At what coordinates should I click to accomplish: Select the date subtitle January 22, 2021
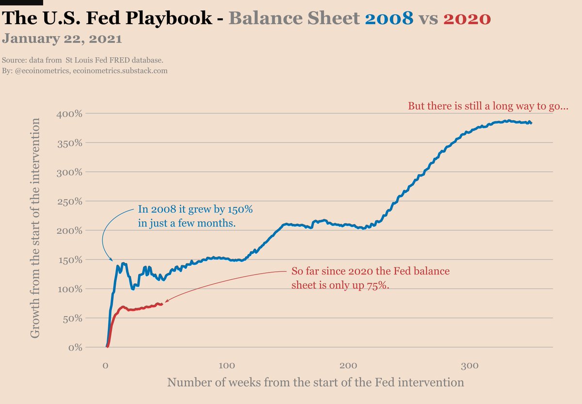pos(62,38)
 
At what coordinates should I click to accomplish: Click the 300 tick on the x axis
pos(469,365)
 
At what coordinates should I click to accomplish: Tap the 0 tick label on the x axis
pos(106,365)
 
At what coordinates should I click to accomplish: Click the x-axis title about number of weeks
pos(315,382)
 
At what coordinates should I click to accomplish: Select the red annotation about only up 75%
pos(370,278)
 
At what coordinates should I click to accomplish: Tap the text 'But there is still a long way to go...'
pos(488,106)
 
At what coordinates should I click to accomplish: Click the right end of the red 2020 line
pos(162,304)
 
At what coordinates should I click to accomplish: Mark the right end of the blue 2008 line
pos(531,123)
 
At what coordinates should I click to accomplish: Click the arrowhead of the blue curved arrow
pos(113,261)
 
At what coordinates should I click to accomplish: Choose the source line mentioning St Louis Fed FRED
pos(82,61)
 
